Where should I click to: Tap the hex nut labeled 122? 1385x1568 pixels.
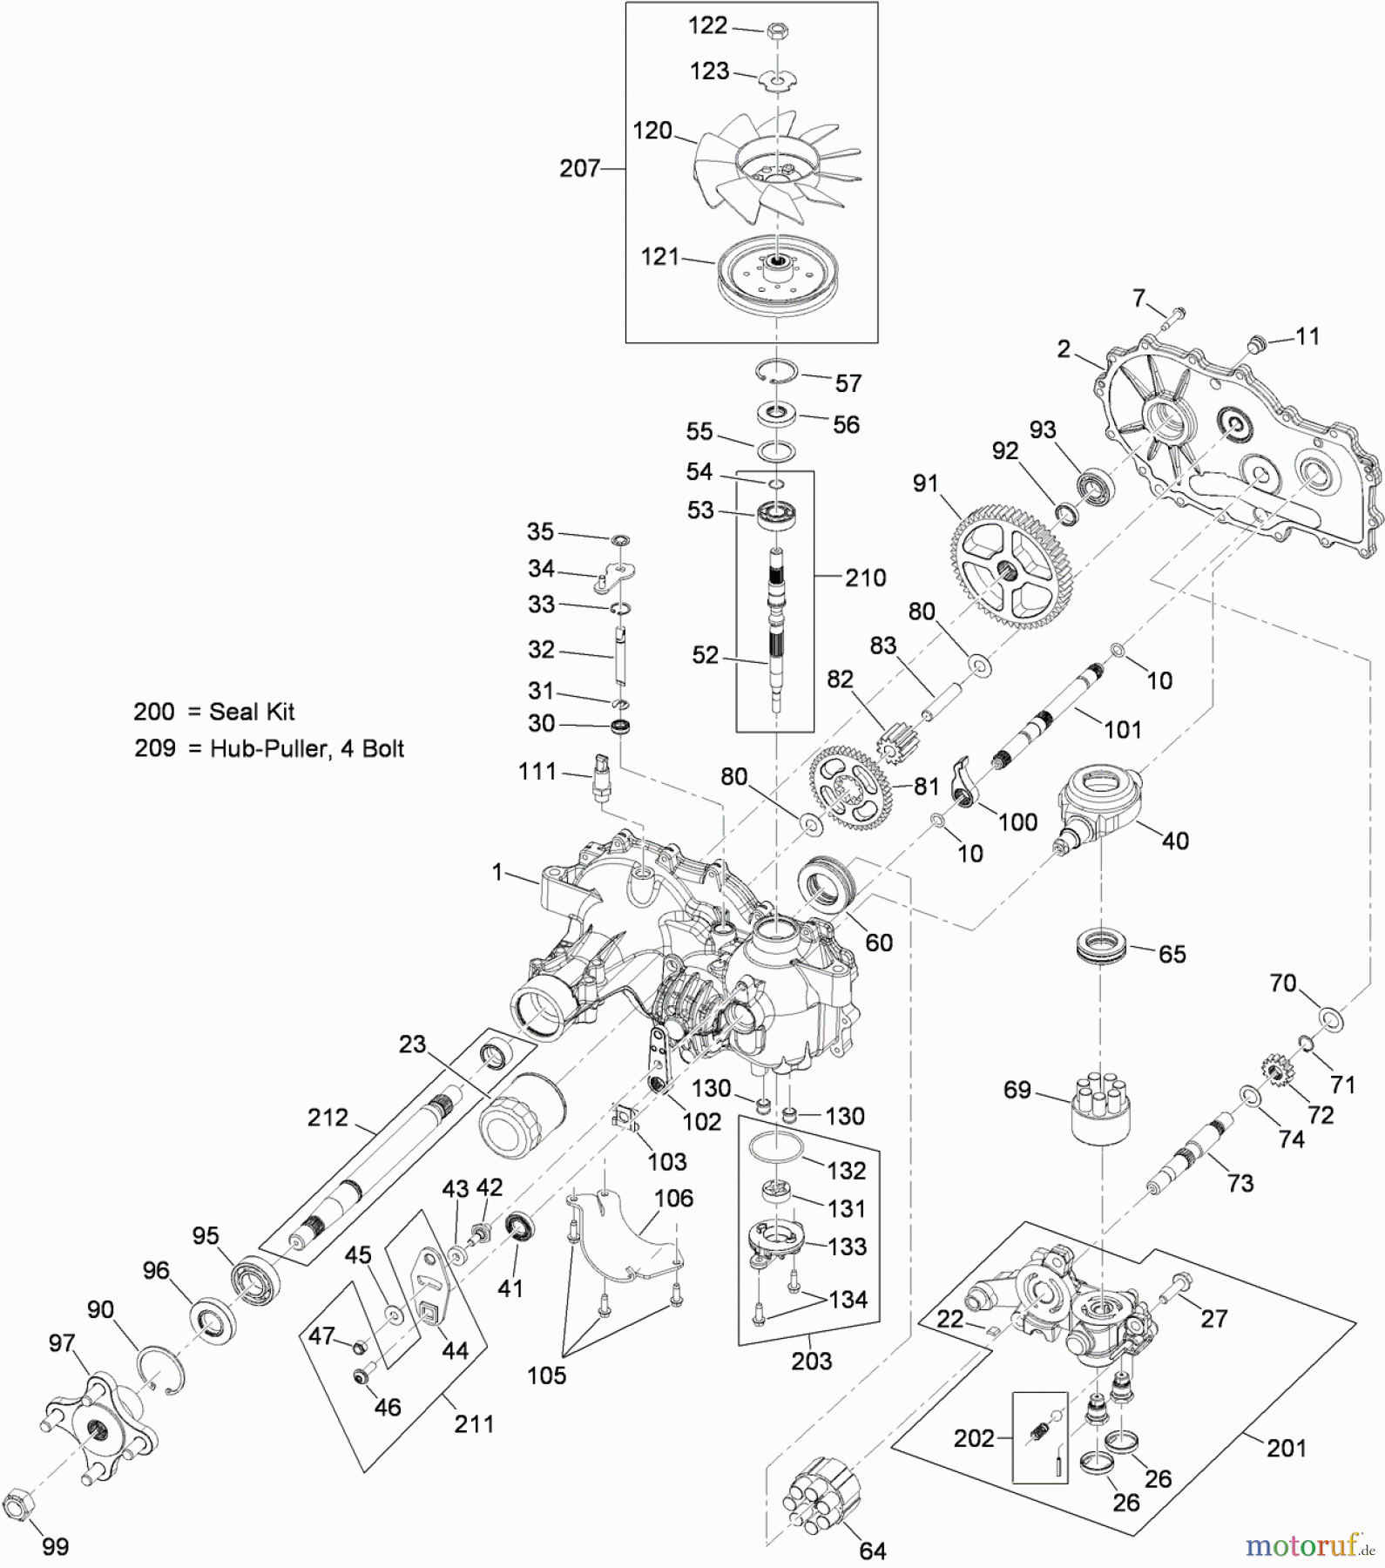[x=775, y=32]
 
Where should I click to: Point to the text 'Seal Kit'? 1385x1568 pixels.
[x=252, y=712]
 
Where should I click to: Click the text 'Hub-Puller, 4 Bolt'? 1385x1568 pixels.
[x=307, y=748]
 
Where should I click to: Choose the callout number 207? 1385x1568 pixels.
[x=580, y=167]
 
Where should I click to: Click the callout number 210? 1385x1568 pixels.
[x=865, y=578]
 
